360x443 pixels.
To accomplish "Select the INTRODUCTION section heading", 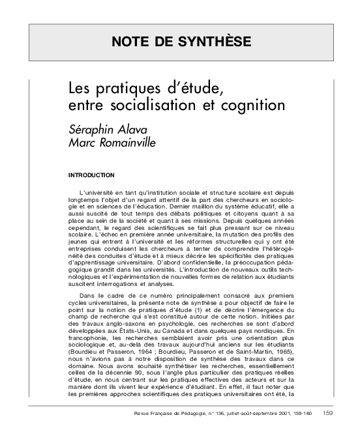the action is tap(91, 175).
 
